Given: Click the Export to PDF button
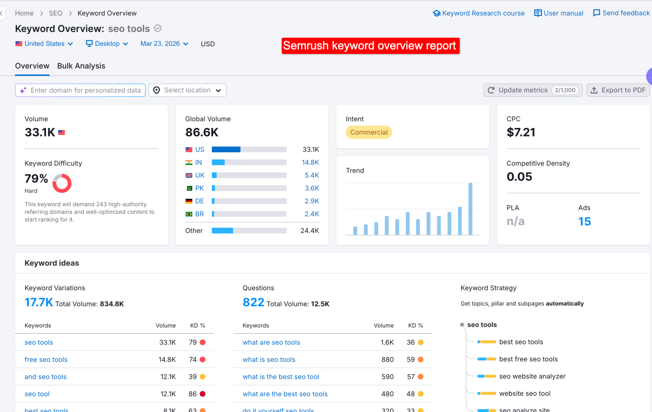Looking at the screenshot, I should coord(618,90).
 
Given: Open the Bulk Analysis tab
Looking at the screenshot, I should coord(81,66).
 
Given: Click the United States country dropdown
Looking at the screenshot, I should coord(44,44).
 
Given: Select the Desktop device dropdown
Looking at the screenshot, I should coord(107,44).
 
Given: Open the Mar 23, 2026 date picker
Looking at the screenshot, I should coord(164,44).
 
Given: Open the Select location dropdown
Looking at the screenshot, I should coord(187,90).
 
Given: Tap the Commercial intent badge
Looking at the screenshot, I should coord(368,132).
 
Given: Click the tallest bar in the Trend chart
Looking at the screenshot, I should coord(470,208).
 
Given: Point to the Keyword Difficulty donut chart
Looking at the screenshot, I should coord(62,183).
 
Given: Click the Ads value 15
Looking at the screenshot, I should coord(584,222).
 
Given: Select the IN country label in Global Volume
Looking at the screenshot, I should coord(198,162).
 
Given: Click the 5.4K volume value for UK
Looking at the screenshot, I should coord(312,175).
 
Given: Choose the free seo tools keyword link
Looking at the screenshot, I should coord(46,360).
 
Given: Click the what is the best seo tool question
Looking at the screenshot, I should coord(281,377).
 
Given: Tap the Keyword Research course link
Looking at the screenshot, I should coord(478,13).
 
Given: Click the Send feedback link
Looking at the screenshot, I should coord(621,13).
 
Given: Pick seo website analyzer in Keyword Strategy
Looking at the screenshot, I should coord(532,376).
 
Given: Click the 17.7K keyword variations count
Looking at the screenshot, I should coord(39,302).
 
